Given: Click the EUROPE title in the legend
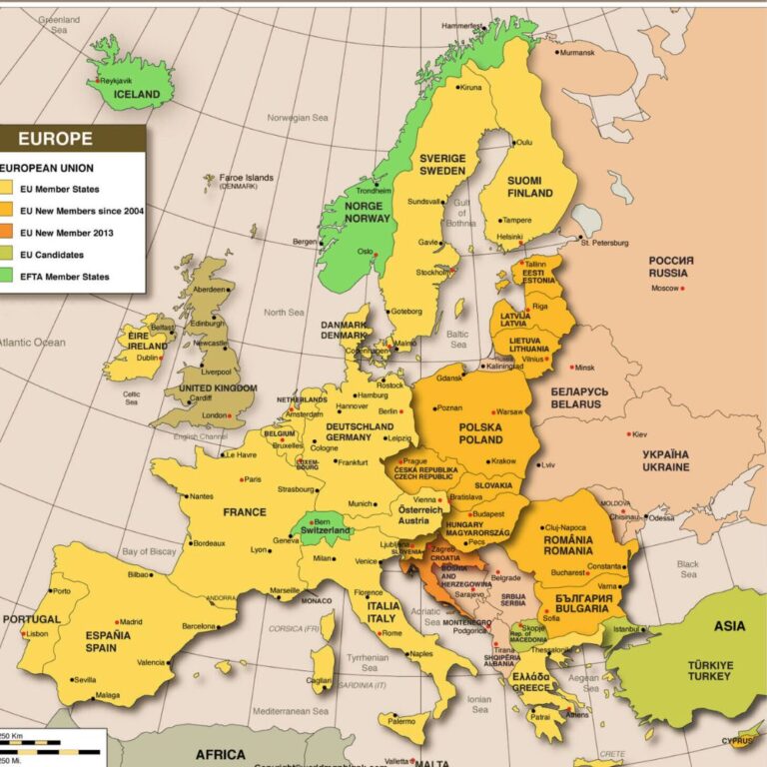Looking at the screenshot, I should click(55, 140).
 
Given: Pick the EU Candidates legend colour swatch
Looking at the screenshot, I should click(6, 255).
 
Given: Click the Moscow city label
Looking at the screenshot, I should click(664, 289).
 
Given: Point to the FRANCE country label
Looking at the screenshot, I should click(245, 512).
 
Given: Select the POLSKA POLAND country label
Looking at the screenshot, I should click(480, 432).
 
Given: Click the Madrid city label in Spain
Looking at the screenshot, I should click(131, 621).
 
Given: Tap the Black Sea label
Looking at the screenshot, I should click(688, 568).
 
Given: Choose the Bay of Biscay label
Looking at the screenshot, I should click(150, 552).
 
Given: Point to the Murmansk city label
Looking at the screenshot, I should click(576, 52).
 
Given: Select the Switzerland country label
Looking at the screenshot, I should click(326, 529).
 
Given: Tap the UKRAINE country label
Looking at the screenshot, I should click(665, 460).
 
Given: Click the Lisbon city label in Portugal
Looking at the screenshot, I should click(37, 634).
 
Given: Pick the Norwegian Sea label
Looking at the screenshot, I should click(297, 118).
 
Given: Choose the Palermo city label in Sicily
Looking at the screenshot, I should click(401, 721).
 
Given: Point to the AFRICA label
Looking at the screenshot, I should click(220, 754).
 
